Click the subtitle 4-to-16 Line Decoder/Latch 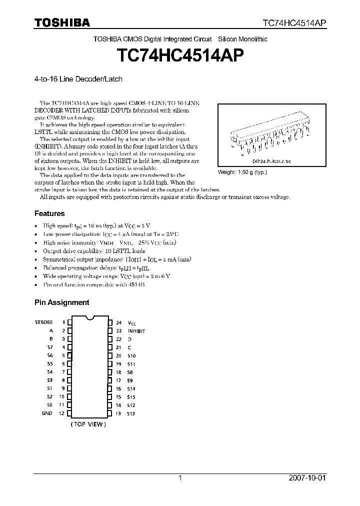[x=78, y=79]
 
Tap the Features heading [x=49, y=213]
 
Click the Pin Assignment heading [x=61, y=302]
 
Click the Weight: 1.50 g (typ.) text [x=242, y=172]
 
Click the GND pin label [x=46, y=413]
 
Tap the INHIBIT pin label [x=136, y=331]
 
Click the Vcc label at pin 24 [x=131, y=323]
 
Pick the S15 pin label [x=131, y=397]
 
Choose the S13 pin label [x=131, y=413]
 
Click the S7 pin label [x=49, y=347]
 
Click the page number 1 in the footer [x=180, y=478]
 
